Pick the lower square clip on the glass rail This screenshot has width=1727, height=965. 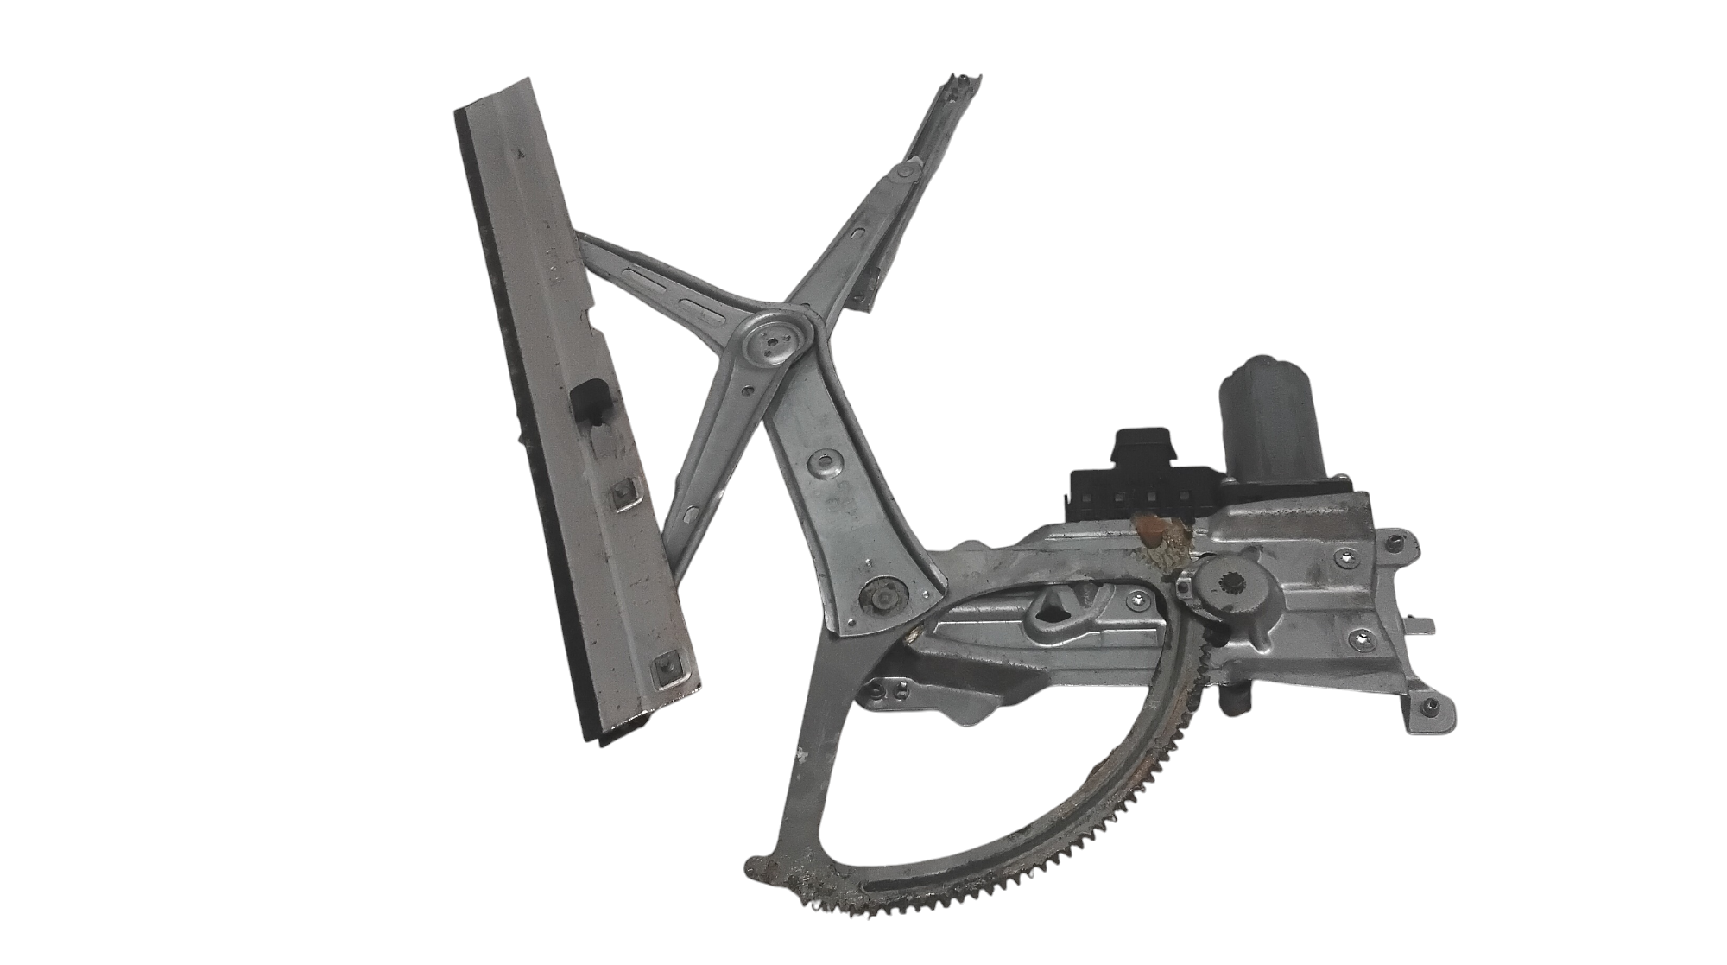point(665,665)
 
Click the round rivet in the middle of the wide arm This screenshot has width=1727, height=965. point(816,465)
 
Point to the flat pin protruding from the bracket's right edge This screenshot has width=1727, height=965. point(1424,624)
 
